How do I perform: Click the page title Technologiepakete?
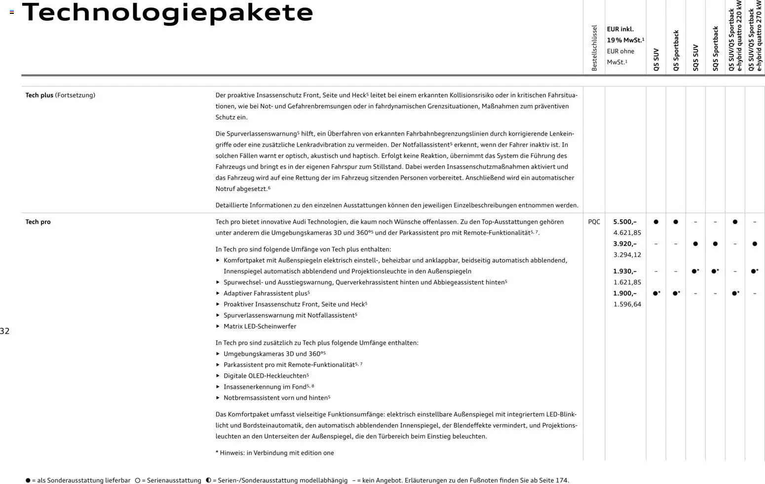pos(167,13)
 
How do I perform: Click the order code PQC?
pos(594,222)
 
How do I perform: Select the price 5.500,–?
pos(624,222)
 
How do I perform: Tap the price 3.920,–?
pos(624,244)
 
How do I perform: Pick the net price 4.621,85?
pos(627,233)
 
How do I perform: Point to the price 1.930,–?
pos(624,271)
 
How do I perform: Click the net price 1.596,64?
pos(627,304)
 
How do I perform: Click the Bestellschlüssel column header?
pos(594,48)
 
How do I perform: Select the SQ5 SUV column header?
pos(695,58)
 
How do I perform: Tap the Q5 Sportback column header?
pos(676,51)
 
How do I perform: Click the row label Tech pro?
pos(38,222)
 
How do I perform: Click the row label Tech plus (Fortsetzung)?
pos(60,95)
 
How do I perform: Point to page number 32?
pos(5,331)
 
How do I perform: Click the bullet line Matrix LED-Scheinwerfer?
pos(260,326)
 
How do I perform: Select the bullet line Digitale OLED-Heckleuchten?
pos(266,376)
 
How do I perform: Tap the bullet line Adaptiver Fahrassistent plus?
pos(266,294)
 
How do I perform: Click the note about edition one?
pos(274,453)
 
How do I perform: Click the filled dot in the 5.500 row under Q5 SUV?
pos(656,222)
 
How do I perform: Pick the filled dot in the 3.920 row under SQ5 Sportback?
pos(715,244)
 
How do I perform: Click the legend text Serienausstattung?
pos(171,480)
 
